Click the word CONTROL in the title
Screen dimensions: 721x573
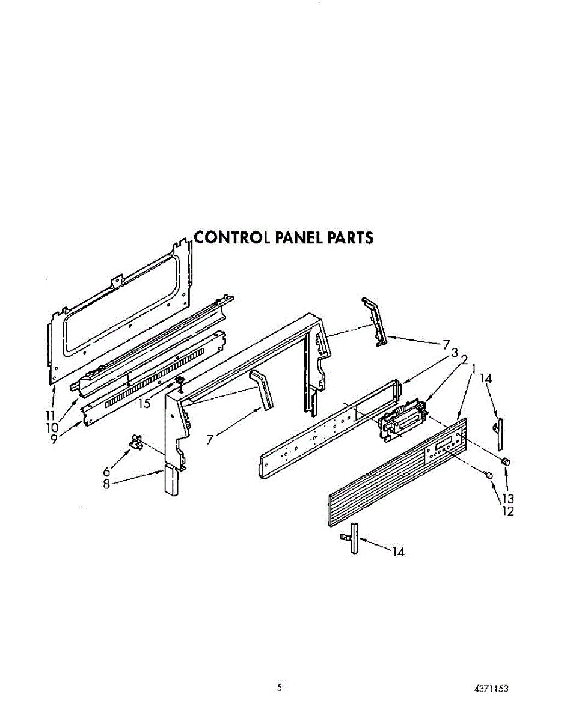[x=232, y=238]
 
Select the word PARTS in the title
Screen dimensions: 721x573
[x=350, y=238]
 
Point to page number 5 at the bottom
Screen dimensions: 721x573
[x=279, y=688]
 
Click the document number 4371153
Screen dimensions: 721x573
[x=491, y=689]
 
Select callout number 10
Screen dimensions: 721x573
[x=53, y=427]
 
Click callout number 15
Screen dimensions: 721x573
[x=144, y=404]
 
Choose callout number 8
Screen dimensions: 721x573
[x=107, y=484]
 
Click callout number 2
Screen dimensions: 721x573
[x=464, y=360]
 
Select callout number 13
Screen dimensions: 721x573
[x=509, y=499]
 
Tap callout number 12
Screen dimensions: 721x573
[x=509, y=511]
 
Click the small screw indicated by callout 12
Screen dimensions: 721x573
[x=489, y=475]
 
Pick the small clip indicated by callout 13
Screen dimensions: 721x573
[x=506, y=461]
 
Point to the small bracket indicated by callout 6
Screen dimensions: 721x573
[x=136, y=443]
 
